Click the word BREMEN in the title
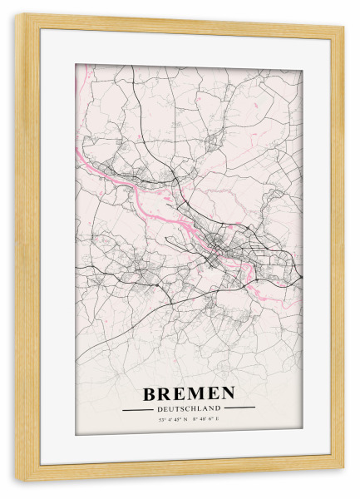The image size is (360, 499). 189,393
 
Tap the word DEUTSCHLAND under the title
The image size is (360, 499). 189,408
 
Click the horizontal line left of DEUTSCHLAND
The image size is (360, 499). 138,409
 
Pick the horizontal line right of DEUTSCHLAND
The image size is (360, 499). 239,408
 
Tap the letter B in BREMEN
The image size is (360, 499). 150,393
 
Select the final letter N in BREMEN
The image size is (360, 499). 227,393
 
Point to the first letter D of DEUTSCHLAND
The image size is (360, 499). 159,408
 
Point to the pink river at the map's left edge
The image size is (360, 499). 79,155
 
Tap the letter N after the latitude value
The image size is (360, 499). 185,420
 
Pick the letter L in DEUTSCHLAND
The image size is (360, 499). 203,408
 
